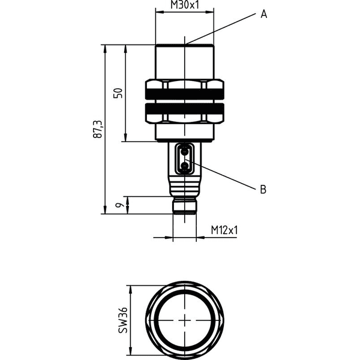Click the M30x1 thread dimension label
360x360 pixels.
click(184, 5)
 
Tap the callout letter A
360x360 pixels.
click(264, 14)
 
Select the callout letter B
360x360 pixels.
click(263, 190)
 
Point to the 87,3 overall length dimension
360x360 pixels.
click(98, 129)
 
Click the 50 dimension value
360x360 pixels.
click(118, 93)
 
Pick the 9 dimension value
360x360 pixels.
click(118, 205)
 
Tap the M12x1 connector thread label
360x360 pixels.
click(224, 230)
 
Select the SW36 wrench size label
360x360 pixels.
click(122, 320)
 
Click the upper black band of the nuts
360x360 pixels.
click(185, 94)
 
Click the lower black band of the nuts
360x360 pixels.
click(185, 109)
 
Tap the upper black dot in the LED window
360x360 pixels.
click(184, 152)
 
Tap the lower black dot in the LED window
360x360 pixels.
click(184, 166)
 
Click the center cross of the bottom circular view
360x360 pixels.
click(184, 320)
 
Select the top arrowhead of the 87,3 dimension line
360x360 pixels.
click(105, 49)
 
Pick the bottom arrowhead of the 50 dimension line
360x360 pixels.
click(125, 137)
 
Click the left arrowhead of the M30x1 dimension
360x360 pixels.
click(160, 12)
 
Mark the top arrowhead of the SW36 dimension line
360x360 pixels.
click(131, 290)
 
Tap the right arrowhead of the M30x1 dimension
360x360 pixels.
click(209, 12)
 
